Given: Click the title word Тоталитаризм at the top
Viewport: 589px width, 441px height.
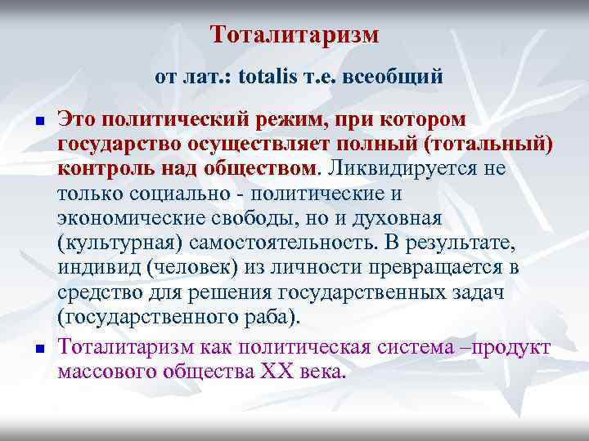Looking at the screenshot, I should [294, 35].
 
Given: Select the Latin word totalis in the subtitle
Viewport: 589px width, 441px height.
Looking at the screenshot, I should [281, 78].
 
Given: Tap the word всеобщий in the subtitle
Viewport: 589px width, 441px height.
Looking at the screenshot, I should [395, 78].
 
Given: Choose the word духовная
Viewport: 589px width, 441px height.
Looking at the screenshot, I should [398, 219].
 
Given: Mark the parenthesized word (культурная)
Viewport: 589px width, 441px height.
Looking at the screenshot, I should [122, 243].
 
